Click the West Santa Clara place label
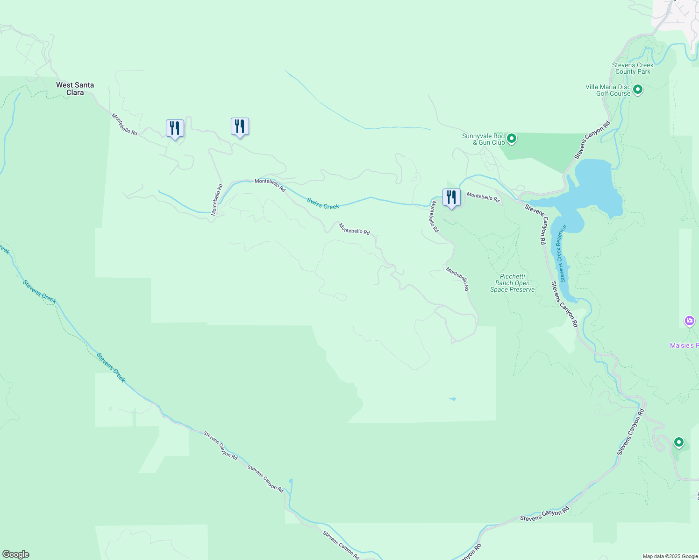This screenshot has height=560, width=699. coord(75,89)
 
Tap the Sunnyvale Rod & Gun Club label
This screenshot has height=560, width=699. coord(483,139)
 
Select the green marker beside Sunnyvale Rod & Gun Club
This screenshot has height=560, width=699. coord(512,138)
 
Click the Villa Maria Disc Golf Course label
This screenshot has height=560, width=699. coord(608,90)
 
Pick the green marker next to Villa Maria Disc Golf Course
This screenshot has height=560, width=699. coord(638,89)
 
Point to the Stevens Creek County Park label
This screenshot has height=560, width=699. coord(633,68)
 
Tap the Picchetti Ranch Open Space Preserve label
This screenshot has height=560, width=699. coord(512,283)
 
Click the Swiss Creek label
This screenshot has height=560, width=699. coord(323,203)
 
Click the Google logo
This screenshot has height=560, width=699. coord(15,554)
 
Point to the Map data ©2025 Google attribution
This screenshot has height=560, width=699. coord(670,556)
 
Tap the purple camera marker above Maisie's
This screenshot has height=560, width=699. coord(689,321)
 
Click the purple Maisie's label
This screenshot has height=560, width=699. coord(684,345)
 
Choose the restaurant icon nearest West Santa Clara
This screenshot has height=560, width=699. coord(175,128)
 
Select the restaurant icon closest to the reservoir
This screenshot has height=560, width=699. coord(451,197)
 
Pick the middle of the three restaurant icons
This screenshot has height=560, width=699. coord(240,126)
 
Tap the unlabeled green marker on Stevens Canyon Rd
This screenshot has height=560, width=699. coord(678,442)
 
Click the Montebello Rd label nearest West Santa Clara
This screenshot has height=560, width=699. coord(124,124)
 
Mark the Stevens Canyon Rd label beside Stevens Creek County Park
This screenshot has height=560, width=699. coord(592,140)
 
